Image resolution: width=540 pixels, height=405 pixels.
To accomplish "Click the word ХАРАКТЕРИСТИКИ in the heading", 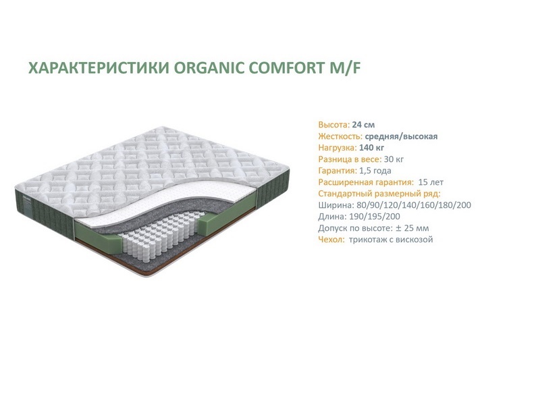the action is (99, 67).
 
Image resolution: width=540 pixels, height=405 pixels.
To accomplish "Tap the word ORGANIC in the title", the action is (209, 67).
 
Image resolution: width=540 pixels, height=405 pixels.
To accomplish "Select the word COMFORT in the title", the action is (285, 67).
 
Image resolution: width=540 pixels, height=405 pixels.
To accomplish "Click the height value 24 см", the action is (363, 125).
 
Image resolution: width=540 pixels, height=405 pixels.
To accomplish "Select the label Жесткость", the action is (340, 136).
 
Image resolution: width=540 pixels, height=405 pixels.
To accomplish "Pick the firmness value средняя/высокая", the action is (401, 136).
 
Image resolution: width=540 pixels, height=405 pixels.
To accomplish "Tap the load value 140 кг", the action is (371, 148).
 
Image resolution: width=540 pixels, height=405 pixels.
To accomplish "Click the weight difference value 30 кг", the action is (394, 159).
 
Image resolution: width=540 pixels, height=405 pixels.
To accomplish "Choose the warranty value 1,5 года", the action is (375, 171).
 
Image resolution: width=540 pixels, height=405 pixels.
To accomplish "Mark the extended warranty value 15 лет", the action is (431, 182).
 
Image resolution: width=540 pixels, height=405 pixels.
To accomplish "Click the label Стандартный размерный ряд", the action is (379, 194).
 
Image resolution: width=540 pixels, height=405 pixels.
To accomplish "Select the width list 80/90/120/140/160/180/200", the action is (414, 205).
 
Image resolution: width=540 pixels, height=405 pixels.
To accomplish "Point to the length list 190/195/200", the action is (375, 217).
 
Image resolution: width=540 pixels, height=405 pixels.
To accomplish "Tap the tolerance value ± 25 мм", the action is (412, 228).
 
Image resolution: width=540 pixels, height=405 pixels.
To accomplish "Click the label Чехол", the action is (331, 240).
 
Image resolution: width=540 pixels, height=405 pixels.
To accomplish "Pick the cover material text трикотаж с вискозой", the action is (391, 240).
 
